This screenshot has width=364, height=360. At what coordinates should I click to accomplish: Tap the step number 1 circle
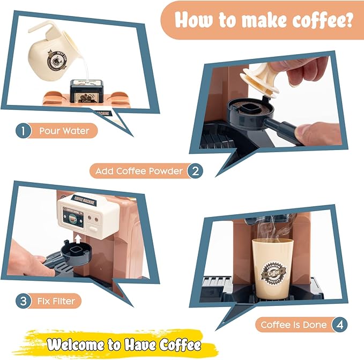pyautogui.click(x=23, y=130)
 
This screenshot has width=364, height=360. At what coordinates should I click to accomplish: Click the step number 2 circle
pyautogui.click(x=195, y=171)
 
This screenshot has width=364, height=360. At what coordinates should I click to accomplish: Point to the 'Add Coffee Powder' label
pyautogui.click(x=139, y=171)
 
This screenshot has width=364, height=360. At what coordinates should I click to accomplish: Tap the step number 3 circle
pyautogui.click(x=23, y=301)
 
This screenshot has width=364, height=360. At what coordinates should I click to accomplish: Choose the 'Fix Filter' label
pyautogui.click(x=56, y=301)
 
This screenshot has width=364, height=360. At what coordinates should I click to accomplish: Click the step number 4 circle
pyautogui.click(x=338, y=325)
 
